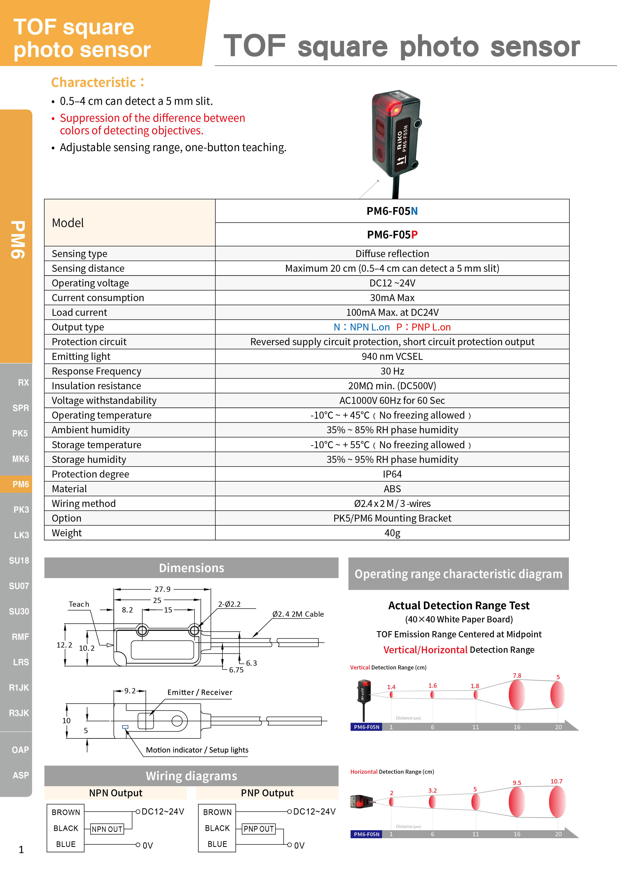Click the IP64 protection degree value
pos(392,474)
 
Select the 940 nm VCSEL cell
pos(392,356)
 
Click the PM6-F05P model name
pos(392,235)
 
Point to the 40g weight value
pos(392,533)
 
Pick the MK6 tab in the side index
pos(21,459)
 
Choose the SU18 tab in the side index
pos(19,560)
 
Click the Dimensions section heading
pos(191,568)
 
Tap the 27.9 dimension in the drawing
pos(162,589)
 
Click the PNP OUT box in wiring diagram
pos(258,829)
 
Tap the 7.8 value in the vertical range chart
pos(517,676)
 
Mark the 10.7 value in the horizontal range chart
pos(556,781)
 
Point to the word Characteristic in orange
pos(94,83)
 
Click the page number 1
pos(21,849)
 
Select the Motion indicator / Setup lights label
pos(197,750)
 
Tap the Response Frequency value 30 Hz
pos(392,371)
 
